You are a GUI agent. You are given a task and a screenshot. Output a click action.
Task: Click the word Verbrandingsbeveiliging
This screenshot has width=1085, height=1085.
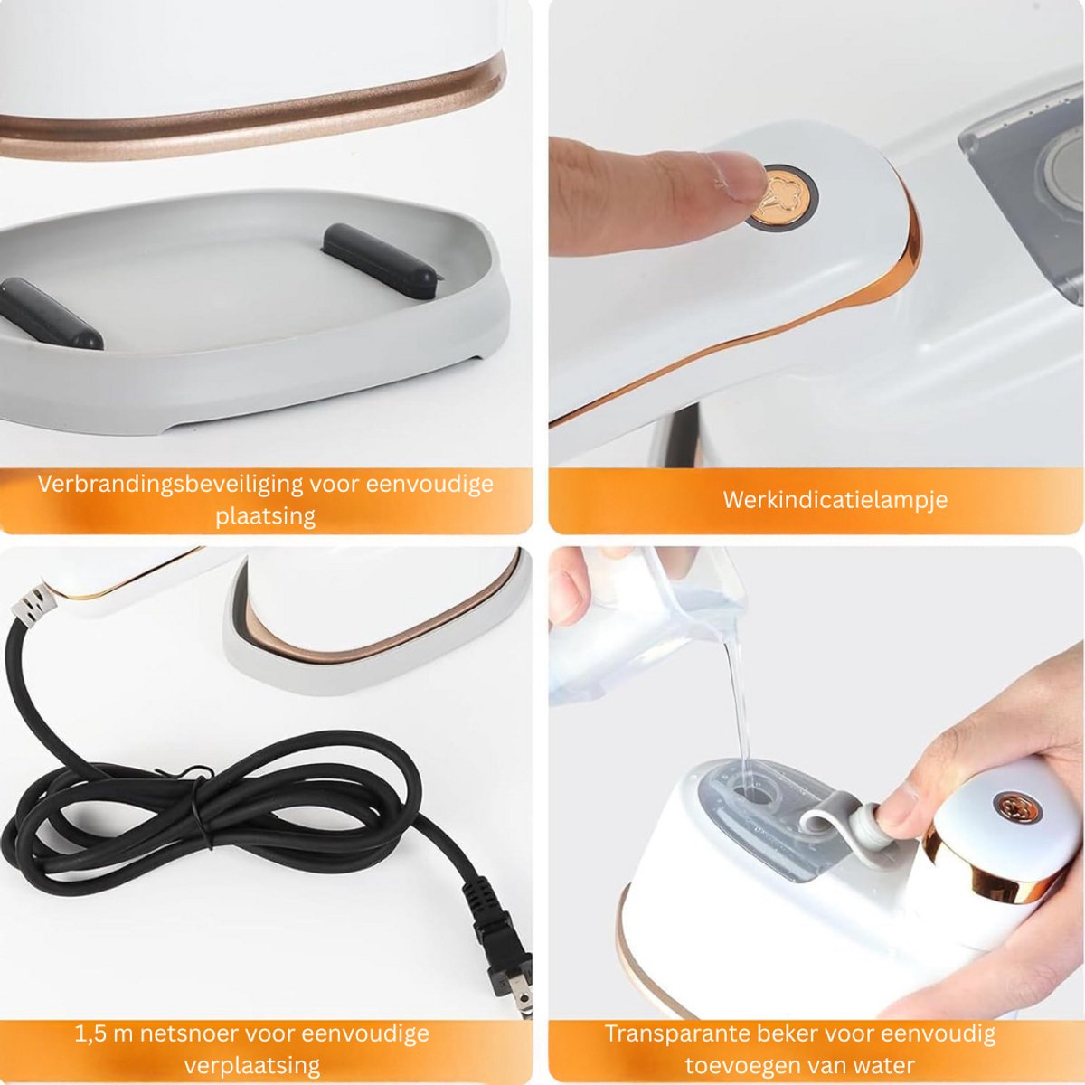165,485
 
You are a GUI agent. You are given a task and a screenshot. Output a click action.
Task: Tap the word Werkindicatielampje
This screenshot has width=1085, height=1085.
835,500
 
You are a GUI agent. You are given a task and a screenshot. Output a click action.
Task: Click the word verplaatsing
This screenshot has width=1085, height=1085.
252,1066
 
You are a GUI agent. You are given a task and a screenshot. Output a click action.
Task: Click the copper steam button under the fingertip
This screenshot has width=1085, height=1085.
781,197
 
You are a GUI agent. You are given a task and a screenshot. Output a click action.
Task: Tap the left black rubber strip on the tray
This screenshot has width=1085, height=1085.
51,313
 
